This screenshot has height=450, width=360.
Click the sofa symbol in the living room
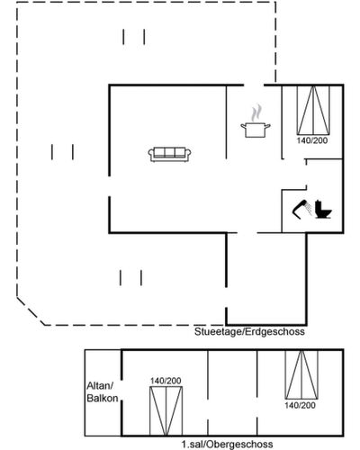(170, 155)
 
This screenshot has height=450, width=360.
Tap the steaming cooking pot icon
(256, 121)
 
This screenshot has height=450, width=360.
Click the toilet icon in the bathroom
(323, 210)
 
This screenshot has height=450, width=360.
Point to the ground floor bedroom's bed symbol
(313, 110)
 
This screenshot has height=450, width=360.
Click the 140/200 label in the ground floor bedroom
(312, 140)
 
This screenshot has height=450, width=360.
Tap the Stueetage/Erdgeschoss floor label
(249, 332)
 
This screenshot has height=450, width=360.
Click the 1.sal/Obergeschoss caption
(227, 445)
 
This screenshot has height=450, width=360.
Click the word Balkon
(103, 399)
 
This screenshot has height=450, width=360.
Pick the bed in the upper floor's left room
(166, 411)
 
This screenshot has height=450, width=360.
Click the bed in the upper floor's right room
(301, 375)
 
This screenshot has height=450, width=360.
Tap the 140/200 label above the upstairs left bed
(166, 381)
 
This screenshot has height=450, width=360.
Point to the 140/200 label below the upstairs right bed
(300, 406)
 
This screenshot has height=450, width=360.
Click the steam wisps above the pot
(256, 113)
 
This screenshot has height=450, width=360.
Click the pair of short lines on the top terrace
(134, 37)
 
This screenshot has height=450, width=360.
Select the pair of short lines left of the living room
(62, 152)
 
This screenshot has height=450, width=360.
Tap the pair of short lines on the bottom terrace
(130, 278)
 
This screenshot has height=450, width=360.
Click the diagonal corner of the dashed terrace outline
(31, 311)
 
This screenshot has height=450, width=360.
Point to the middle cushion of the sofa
(170, 152)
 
